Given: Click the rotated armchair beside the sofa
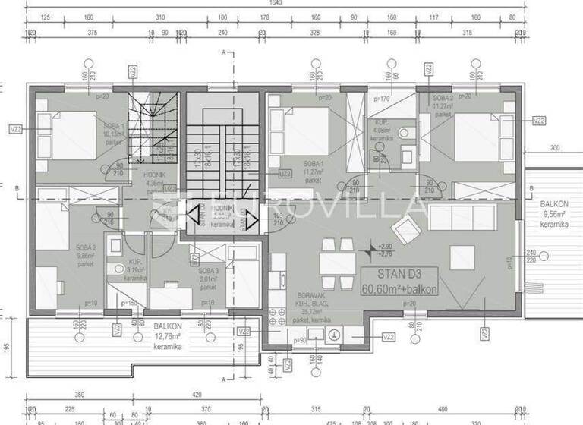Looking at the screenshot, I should click(x=406, y=227).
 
